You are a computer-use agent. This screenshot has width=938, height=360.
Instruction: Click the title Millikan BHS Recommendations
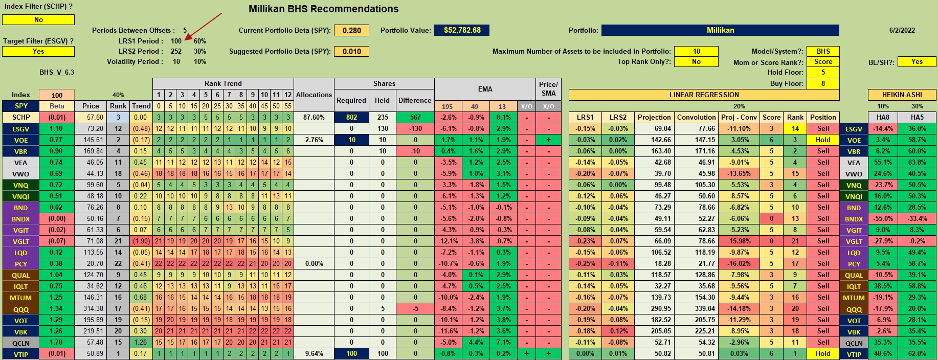tap(323, 9)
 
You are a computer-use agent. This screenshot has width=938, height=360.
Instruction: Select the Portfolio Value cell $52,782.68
tap(462, 30)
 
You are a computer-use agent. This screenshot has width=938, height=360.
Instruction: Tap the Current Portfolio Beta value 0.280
tap(351, 30)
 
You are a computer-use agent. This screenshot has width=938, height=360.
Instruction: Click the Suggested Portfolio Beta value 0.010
tap(351, 51)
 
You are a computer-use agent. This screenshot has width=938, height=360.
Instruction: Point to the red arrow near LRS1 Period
tap(204, 26)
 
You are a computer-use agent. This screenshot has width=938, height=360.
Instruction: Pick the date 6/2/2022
tap(902, 30)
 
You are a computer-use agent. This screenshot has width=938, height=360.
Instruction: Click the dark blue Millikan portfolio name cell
tap(720, 30)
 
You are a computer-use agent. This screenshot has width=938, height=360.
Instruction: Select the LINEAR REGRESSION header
tap(704, 95)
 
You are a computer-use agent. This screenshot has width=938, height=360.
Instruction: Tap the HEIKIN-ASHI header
tap(902, 95)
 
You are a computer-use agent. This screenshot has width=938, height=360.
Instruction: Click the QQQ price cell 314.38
tap(91, 308)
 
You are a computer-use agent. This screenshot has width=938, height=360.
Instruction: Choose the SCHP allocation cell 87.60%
tap(314, 117)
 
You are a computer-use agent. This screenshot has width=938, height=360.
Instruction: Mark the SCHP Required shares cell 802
tap(351, 117)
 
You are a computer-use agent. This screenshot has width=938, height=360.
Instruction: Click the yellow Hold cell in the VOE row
tap(823, 140)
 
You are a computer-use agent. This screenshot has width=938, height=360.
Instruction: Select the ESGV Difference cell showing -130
tap(415, 128)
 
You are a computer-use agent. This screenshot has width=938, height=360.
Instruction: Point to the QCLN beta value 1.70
tap(56, 342)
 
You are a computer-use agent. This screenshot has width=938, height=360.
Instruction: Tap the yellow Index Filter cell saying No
tap(38, 19)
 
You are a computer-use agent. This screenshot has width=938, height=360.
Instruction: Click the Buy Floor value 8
tap(823, 83)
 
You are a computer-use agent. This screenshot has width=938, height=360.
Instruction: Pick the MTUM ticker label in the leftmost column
tap(20, 298)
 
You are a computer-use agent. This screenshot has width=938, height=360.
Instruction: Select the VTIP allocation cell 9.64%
tap(314, 353)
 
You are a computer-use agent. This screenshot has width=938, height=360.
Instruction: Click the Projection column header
tap(654, 117)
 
